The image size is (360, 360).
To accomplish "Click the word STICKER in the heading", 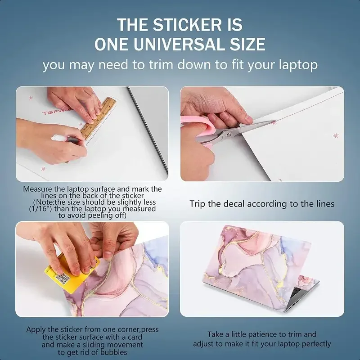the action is [x=187, y=25].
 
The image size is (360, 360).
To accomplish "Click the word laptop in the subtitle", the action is [x=298, y=65].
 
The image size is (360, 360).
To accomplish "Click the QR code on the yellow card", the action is [x=63, y=279].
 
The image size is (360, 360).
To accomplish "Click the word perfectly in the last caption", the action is [x=316, y=344].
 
